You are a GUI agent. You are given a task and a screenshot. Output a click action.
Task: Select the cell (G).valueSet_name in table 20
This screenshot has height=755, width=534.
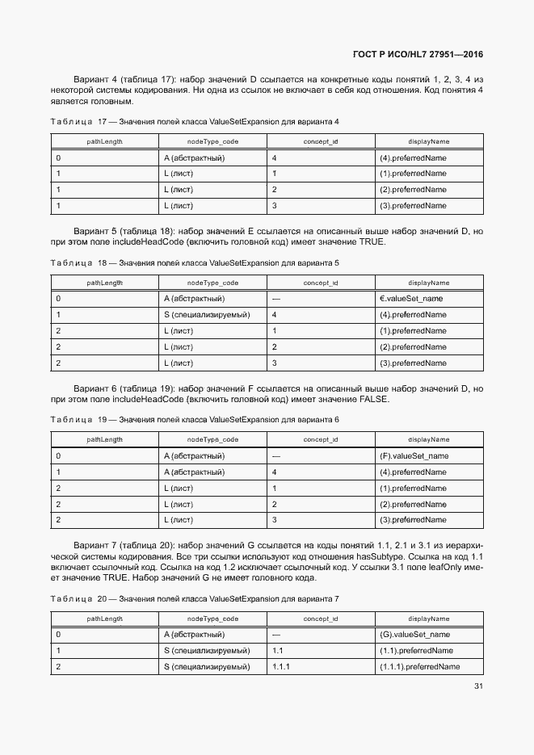pyautogui.click(x=414, y=635)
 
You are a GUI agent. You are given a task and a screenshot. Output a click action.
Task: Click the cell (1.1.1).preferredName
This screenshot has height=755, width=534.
pyautogui.click(x=419, y=667)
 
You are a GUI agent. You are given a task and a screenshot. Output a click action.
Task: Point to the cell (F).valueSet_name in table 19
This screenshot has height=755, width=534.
pyautogui.click(x=414, y=456)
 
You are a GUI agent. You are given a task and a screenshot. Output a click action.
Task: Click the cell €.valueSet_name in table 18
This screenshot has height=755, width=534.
pyautogui.click(x=410, y=299)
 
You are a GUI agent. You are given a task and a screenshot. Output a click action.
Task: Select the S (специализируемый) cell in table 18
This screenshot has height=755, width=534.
pyautogui.click(x=207, y=315)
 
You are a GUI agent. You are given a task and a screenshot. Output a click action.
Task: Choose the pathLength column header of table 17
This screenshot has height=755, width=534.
pyautogui.click(x=105, y=141)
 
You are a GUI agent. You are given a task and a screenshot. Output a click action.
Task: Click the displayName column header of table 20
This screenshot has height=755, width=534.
pyautogui.click(x=429, y=619)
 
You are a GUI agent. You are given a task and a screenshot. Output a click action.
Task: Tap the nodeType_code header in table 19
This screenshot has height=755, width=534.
pyautogui.click(x=212, y=439)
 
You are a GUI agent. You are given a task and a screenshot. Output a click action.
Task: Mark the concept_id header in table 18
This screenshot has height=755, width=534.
pyautogui.click(x=320, y=283)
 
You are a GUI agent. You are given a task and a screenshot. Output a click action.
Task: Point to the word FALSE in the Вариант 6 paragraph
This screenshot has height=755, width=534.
pyautogui.click(x=372, y=400)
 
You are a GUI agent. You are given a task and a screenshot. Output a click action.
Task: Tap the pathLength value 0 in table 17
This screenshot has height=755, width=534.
pyautogui.click(x=58, y=157)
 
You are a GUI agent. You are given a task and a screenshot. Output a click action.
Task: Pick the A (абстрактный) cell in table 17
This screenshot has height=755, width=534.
pyautogui.click(x=194, y=157)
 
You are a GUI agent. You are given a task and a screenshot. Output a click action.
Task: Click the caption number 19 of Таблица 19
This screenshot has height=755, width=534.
pyautogui.click(x=102, y=420)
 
